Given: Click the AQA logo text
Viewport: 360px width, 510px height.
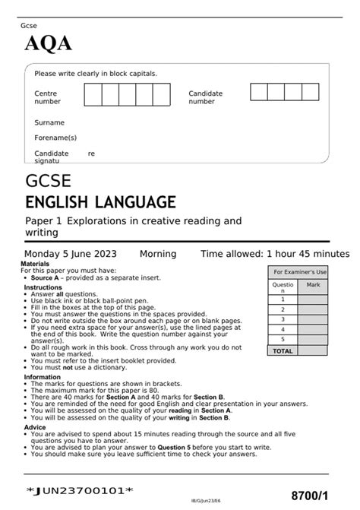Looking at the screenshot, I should tap(49, 44).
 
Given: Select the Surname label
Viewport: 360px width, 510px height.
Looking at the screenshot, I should tap(49, 122).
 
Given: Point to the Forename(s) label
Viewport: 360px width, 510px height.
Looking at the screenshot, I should tap(55, 138).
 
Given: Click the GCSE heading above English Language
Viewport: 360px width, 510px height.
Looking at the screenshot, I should tap(49, 182).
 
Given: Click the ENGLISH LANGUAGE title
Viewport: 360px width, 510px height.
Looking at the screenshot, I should tap(100, 202).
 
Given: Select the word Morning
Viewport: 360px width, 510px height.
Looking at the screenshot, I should tap(158, 254).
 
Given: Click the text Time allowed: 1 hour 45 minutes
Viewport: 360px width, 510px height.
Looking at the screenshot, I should tap(274, 254).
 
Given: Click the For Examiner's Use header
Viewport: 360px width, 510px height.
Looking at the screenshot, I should tap(300, 271).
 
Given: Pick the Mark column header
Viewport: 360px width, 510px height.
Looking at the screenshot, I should tap(313, 285).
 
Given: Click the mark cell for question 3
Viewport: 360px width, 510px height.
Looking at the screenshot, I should tap(313, 319).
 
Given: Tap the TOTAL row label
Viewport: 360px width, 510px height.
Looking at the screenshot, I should tap(283, 351).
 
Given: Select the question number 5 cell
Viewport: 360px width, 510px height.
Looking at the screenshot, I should tap(283, 340).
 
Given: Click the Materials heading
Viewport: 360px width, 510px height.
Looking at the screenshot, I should tap(35, 264).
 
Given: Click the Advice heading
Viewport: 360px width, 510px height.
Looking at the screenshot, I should tap(35, 427).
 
